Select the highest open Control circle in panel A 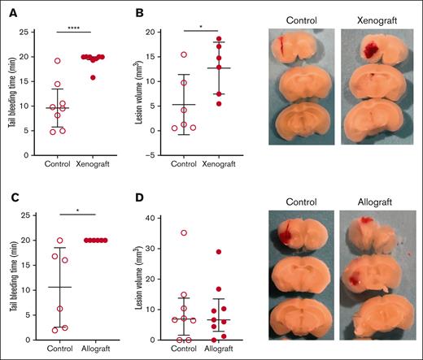pyautogui.click(x=58, y=61)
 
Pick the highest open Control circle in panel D pyautogui.click(x=185, y=233)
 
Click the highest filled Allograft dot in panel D pyautogui.click(x=217, y=252)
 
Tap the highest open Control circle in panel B pyautogui.click(x=185, y=54)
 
